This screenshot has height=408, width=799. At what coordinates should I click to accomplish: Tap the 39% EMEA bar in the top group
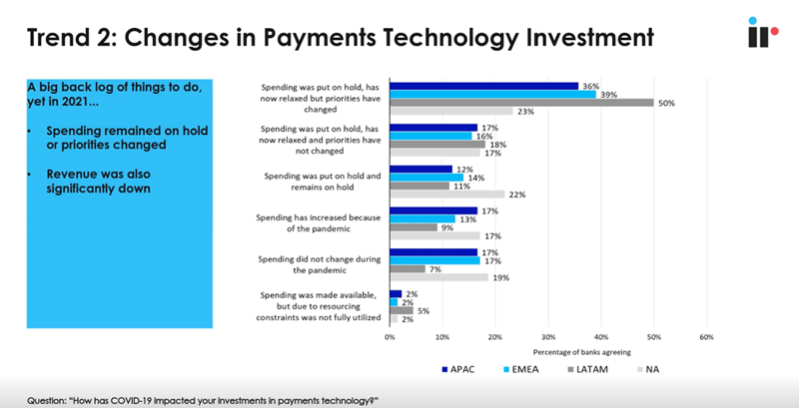click(492, 94)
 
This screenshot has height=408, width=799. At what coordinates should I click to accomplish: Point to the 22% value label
click(517, 195)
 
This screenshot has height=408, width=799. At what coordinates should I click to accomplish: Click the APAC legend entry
click(460, 369)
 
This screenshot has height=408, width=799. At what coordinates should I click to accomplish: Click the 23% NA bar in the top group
click(450, 111)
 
